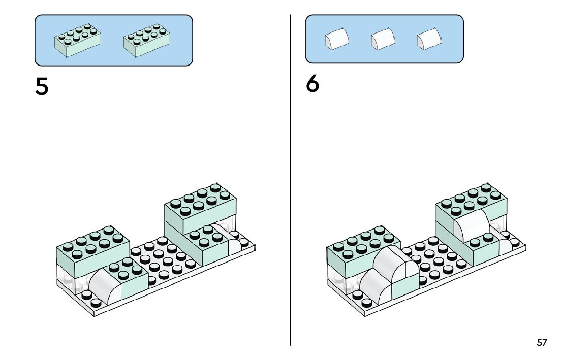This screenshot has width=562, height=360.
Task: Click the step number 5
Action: pyautogui.click(x=42, y=87)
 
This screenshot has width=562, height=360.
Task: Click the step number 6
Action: pyautogui.click(x=313, y=84)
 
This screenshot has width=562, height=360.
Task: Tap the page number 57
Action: pyautogui.click(x=542, y=343)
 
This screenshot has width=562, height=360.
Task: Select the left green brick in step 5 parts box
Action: pyautogui.click(x=78, y=40)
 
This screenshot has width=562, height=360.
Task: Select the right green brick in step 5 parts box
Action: pyautogui.click(x=146, y=40)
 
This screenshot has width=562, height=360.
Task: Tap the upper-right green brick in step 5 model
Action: pyautogui.click(x=200, y=208)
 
